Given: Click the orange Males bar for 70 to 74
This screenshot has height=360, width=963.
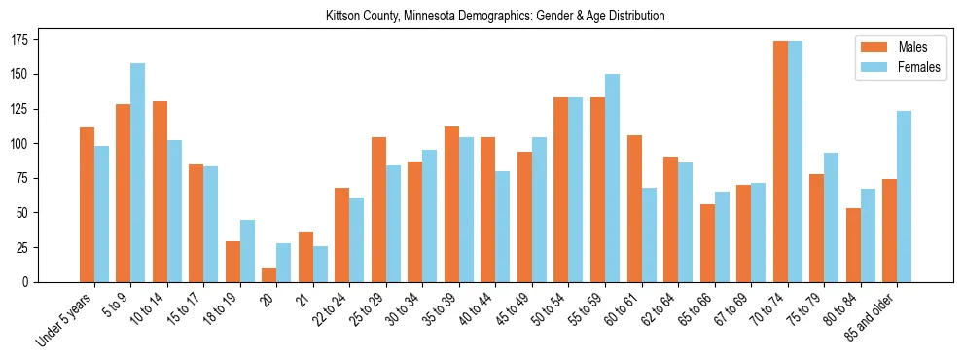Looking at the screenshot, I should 780,161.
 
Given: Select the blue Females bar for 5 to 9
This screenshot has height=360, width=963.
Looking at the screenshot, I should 138,172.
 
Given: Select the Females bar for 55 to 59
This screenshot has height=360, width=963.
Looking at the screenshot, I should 612,178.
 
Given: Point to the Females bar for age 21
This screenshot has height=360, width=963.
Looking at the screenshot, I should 320,264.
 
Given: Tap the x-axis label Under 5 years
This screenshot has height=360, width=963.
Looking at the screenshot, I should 66,317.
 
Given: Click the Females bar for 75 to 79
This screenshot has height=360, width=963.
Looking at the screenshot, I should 831,217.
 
